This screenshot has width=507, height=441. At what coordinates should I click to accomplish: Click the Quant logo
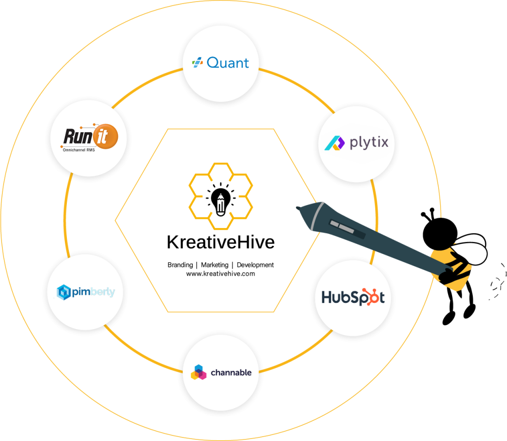click(220, 63)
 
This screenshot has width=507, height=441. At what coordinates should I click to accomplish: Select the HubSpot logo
click(353, 297)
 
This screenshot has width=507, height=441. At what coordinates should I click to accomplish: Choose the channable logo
click(221, 373)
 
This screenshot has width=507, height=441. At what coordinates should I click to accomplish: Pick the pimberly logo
click(86, 292)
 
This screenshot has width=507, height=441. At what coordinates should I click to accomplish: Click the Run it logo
click(90, 137)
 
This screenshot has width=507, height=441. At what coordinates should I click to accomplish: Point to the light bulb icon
click(221, 200)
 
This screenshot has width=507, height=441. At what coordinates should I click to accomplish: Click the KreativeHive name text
click(221, 242)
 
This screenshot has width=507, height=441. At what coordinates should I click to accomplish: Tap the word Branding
click(180, 265)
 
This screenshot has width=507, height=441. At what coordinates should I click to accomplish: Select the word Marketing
click(215, 265)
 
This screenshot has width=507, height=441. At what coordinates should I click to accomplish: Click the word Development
click(255, 265)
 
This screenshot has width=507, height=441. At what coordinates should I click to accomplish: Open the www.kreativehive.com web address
click(220, 274)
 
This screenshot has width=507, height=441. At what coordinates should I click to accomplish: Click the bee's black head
click(440, 234)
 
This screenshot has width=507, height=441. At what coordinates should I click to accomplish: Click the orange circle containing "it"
click(105, 137)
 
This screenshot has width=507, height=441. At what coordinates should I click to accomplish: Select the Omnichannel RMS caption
click(79, 150)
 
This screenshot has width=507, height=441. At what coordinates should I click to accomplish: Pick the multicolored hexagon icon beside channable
click(199, 373)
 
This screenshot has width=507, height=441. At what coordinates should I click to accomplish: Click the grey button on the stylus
click(342, 226)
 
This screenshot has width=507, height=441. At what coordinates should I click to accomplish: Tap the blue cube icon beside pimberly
click(64, 293)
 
